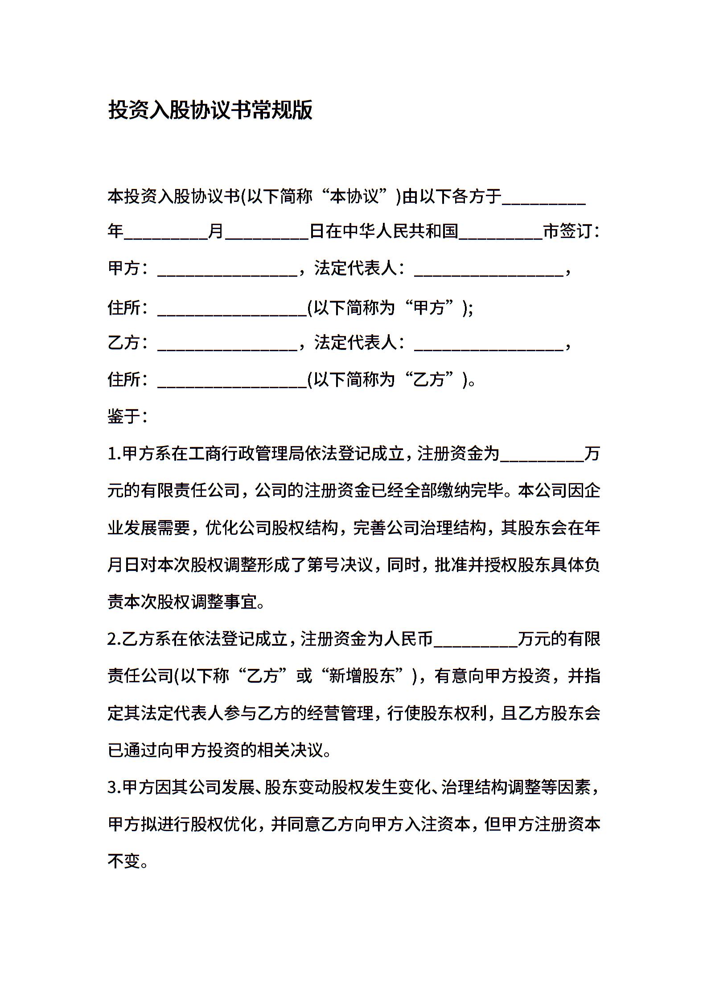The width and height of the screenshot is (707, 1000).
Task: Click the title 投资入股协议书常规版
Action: [x=210, y=110]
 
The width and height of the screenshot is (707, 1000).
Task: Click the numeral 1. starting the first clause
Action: [x=114, y=454]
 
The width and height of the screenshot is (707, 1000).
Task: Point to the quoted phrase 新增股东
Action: [x=362, y=676]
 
